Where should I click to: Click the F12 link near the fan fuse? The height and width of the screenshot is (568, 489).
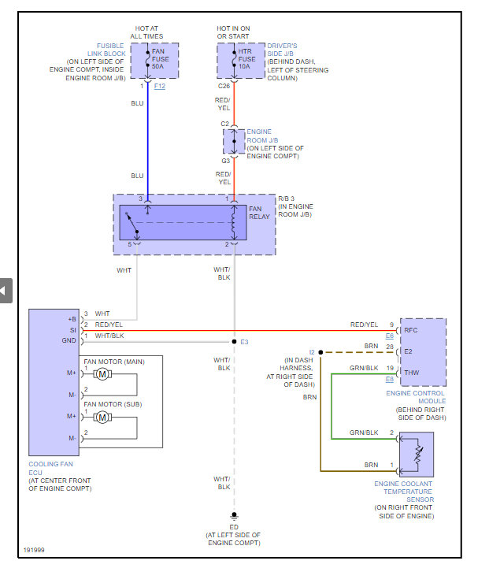pyautogui.click(x=160, y=86)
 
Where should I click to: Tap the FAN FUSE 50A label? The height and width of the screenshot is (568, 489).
pyautogui.click(x=161, y=58)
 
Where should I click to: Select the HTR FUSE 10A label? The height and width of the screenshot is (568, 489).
pyautogui.click(x=246, y=58)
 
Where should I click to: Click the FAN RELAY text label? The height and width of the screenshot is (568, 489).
pyautogui.click(x=259, y=213)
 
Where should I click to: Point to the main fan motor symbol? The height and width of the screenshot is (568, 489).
pyautogui.click(x=102, y=374)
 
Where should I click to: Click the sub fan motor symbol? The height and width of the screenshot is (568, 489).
pyautogui.click(x=102, y=418)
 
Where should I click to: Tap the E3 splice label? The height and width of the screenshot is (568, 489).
pyautogui.click(x=244, y=342)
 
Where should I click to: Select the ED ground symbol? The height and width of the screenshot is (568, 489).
pyautogui.click(x=234, y=515)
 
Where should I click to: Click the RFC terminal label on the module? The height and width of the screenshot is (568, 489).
pyautogui.click(x=411, y=330)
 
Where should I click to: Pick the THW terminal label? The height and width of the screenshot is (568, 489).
pyautogui.click(x=412, y=373)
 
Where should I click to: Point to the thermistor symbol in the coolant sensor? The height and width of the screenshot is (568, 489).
pyautogui.click(x=418, y=454)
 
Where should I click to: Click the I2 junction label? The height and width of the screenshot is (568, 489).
pyautogui.click(x=312, y=352)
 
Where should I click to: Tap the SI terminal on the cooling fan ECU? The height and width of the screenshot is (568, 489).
pyautogui.click(x=73, y=330)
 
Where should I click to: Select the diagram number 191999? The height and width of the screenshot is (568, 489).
pyautogui.click(x=34, y=550)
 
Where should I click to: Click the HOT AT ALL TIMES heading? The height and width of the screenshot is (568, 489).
pyautogui.click(x=146, y=32)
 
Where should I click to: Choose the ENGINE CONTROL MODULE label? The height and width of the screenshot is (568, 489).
pyautogui.click(x=416, y=397)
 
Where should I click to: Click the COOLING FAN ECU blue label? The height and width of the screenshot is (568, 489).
pyautogui.click(x=50, y=468)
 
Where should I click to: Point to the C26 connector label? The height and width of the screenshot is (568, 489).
pyautogui.click(x=224, y=86)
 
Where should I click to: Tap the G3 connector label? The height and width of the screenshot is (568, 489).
pyautogui.click(x=225, y=161)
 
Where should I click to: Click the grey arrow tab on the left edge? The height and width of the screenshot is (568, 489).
pyautogui.click(x=6, y=291)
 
